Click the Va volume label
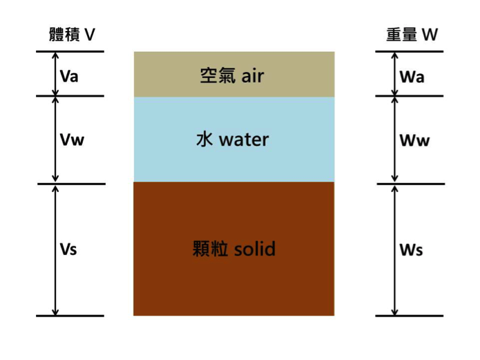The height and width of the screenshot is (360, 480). coord(69,76)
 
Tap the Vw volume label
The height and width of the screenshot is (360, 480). coord(72,140)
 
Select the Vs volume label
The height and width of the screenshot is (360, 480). coord(68,249)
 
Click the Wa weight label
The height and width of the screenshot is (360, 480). coord(412,77)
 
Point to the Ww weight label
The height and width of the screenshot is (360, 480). coord(415,141)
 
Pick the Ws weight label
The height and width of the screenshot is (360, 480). coord(412,249)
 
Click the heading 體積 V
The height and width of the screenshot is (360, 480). coord(73,35)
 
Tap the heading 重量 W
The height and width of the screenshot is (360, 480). coord(412,35)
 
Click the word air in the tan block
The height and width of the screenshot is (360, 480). coord(253,75)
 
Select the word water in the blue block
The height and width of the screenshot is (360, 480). coord(244,140)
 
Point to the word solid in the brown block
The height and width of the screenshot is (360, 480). coord(255,249)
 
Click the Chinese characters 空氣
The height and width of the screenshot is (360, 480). coord(218,75)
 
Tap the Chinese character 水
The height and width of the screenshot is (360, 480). coord(204,140)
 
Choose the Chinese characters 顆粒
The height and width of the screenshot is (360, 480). coord(211,249)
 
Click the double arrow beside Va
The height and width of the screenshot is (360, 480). coord(55,74)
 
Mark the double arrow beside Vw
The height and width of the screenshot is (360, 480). coord(55,140)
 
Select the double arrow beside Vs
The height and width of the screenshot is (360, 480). coord(55,250)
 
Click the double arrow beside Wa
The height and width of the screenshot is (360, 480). coord(394,74)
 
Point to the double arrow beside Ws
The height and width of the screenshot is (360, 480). coord(394,250)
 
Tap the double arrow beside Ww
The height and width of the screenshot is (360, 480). coord(394,140)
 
